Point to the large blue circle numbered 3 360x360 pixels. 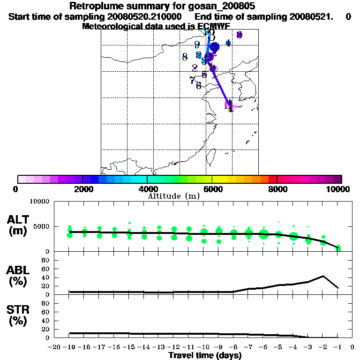click(x=215, y=47)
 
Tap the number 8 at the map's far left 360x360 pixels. click(x=185, y=57)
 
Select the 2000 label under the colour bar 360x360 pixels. click(x=82, y=189)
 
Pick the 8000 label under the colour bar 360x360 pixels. click(x=277, y=189)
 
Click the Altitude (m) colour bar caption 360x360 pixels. click(x=173, y=195)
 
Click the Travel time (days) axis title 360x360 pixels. click(x=205, y=356)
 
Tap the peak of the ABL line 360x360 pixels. click(x=323, y=276)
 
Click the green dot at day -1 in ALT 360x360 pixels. click(x=338, y=247)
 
